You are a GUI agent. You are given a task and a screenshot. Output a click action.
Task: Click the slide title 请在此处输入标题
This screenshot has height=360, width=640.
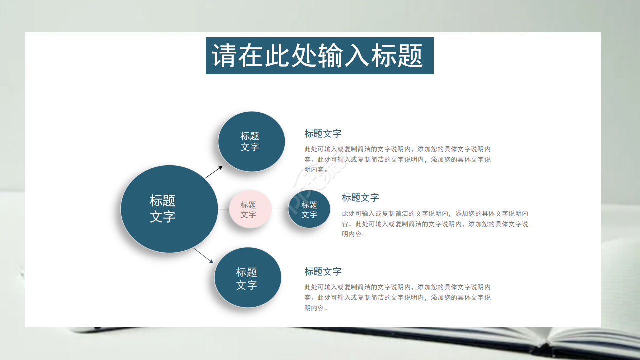click(319, 56)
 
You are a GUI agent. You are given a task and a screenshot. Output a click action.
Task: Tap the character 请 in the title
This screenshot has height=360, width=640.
click(224, 56)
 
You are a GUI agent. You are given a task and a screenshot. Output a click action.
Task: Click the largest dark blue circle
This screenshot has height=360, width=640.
click(169, 209)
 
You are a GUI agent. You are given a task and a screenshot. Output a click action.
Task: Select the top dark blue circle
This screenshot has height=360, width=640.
click(251, 141)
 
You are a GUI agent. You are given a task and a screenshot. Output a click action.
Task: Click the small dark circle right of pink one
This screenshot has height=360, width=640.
click(309, 209)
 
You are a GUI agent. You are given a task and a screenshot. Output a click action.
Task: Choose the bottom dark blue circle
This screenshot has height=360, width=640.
click(247, 278)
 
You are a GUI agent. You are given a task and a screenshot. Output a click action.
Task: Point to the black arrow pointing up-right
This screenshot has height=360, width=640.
click(214, 172)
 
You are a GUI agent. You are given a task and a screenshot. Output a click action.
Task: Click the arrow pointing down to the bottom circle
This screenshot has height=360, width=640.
click(203, 255)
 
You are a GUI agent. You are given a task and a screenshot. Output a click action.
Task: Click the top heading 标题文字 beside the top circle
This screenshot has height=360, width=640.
click(323, 134)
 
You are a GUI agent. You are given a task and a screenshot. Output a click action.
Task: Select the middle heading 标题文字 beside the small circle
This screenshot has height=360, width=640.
click(360, 198)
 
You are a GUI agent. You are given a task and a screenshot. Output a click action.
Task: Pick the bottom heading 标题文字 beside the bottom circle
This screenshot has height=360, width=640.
click(323, 272)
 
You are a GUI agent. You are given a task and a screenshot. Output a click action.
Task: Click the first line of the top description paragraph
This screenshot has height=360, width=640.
click(397, 149)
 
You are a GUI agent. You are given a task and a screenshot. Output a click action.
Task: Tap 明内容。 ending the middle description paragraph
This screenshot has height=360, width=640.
click(354, 234)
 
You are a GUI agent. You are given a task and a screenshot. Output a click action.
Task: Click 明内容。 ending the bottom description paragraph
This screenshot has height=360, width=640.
click(316, 308)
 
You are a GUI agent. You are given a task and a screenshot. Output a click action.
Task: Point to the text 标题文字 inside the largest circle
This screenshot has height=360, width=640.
click(162, 209)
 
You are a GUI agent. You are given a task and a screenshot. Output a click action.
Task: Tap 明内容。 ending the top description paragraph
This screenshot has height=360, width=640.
click(316, 170)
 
